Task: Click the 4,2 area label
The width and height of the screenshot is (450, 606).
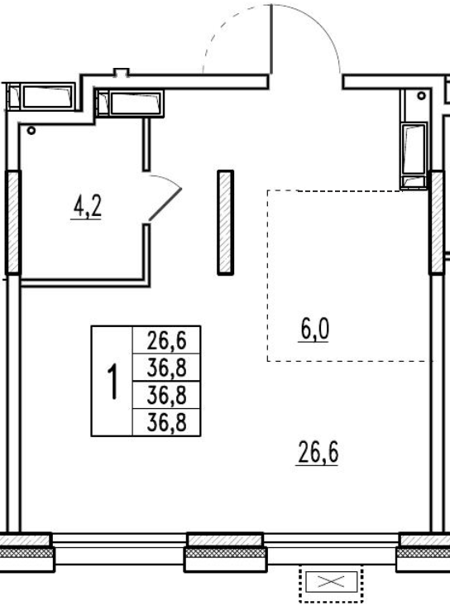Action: click(88, 206)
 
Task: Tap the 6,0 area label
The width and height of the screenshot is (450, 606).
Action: click(315, 329)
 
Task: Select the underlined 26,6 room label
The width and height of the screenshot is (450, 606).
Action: click(318, 453)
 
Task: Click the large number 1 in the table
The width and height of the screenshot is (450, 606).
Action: click(112, 382)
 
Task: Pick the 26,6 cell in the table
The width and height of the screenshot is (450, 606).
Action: click(166, 340)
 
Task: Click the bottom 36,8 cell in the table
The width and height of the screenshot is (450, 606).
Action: click(166, 422)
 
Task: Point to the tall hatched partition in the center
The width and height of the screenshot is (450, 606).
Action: click(226, 223)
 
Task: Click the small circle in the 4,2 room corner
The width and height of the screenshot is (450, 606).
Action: click(31, 131)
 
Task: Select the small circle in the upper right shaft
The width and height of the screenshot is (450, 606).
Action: click(421, 95)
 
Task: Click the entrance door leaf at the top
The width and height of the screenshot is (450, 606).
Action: click(271, 39)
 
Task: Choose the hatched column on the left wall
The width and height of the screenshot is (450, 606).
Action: click(13, 222)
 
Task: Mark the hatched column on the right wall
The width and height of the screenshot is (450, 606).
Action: click(438, 222)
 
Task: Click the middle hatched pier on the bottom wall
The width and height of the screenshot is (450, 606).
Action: click(226, 551)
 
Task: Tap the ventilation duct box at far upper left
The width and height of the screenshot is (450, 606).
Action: click(41, 96)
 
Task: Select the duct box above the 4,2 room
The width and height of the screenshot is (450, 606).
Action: click(130, 103)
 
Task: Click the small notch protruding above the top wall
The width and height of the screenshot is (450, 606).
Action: click(121, 72)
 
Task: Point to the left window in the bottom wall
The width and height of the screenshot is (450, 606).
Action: click(119, 549)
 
